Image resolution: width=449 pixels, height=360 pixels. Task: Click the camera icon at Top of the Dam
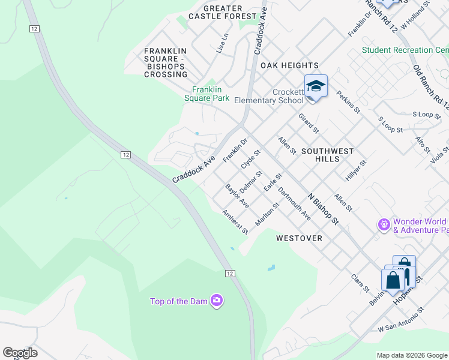[x=217, y=301]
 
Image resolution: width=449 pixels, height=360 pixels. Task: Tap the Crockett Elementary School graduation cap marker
[x=316, y=87]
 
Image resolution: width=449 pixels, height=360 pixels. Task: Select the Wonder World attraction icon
[x=384, y=225]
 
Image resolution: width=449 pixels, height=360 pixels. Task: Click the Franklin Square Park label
[x=206, y=94]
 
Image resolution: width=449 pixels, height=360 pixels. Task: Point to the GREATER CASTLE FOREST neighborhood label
[x=222, y=13]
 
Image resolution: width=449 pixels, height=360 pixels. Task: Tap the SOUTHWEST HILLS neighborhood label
[x=327, y=155]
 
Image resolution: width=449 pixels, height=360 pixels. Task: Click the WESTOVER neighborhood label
[x=299, y=238]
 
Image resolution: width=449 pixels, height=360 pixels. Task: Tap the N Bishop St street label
[x=324, y=208]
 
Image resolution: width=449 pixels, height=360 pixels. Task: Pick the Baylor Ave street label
[x=237, y=196]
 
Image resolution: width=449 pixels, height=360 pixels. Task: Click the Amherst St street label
[x=235, y=223]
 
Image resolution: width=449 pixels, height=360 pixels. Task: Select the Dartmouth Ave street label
[x=295, y=206]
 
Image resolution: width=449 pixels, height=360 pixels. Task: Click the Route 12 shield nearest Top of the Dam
[x=230, y=273]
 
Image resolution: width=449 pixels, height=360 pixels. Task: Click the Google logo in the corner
[x=20, y=353]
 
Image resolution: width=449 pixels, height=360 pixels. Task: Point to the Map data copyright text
[x=412, y=355]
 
